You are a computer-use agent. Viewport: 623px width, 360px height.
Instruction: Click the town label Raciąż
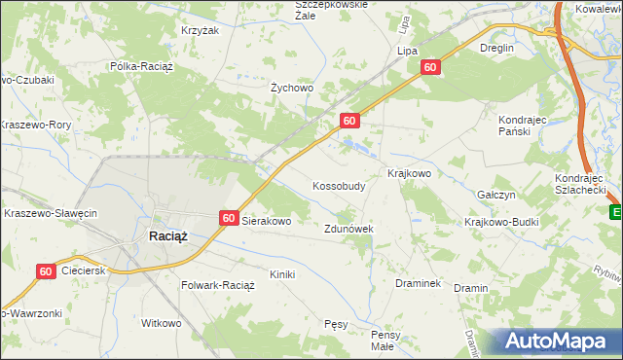167,236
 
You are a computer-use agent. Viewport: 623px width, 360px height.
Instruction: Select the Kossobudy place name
339,185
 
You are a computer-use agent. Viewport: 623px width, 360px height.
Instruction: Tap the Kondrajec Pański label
527,126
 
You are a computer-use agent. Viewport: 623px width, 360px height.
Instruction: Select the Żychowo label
291,88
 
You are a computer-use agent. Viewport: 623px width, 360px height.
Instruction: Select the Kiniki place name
282,274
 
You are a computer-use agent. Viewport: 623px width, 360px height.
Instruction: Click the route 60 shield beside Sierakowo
229,219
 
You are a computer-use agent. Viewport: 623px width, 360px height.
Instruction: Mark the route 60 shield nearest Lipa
430,67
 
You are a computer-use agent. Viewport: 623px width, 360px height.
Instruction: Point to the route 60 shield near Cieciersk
46,273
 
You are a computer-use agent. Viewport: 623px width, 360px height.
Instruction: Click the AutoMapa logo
556,341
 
